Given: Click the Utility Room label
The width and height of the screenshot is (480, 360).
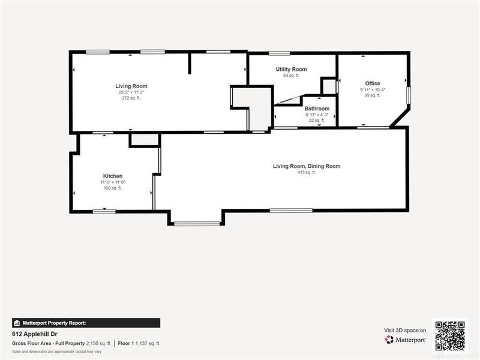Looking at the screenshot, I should (x=291, y=70).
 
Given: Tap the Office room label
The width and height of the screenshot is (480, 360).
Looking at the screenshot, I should (x=373, y=83).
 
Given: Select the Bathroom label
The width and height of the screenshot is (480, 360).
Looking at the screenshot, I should (x=317, y=109).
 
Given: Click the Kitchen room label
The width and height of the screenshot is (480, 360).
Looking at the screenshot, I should (x=113, y=176).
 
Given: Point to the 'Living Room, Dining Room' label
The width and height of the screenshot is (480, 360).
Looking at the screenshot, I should (x=307, y=166).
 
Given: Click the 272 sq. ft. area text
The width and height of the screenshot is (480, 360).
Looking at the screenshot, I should (x=131, y=98).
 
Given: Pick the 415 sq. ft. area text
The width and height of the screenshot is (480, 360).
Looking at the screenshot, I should (x=307, y=173).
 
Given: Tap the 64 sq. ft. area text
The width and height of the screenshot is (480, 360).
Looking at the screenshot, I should (x=291, y=76).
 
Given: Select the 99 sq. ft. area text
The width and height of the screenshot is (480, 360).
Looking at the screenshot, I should (x=373, y=95).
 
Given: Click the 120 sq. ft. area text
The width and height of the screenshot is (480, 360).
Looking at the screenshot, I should (x=113, y=188).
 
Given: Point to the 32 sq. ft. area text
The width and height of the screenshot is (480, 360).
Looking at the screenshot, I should (x=317, y=121).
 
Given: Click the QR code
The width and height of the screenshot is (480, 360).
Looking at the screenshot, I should (x=450, y=335).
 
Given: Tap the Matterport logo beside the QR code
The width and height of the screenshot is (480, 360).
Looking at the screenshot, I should (x=406, y=340).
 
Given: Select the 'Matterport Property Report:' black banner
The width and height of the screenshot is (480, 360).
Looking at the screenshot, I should (x=86, y=323).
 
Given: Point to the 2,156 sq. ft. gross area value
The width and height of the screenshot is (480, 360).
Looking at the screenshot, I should (x=99, y=344).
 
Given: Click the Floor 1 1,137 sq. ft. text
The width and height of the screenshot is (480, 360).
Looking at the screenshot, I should (x=139, y=344).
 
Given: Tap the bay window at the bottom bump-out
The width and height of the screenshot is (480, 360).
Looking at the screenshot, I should (x=197, y=224).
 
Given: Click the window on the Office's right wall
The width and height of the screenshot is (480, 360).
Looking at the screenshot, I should (x=409, y=95).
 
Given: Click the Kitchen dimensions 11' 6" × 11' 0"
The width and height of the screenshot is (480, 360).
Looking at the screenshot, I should (x=113, y=182).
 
